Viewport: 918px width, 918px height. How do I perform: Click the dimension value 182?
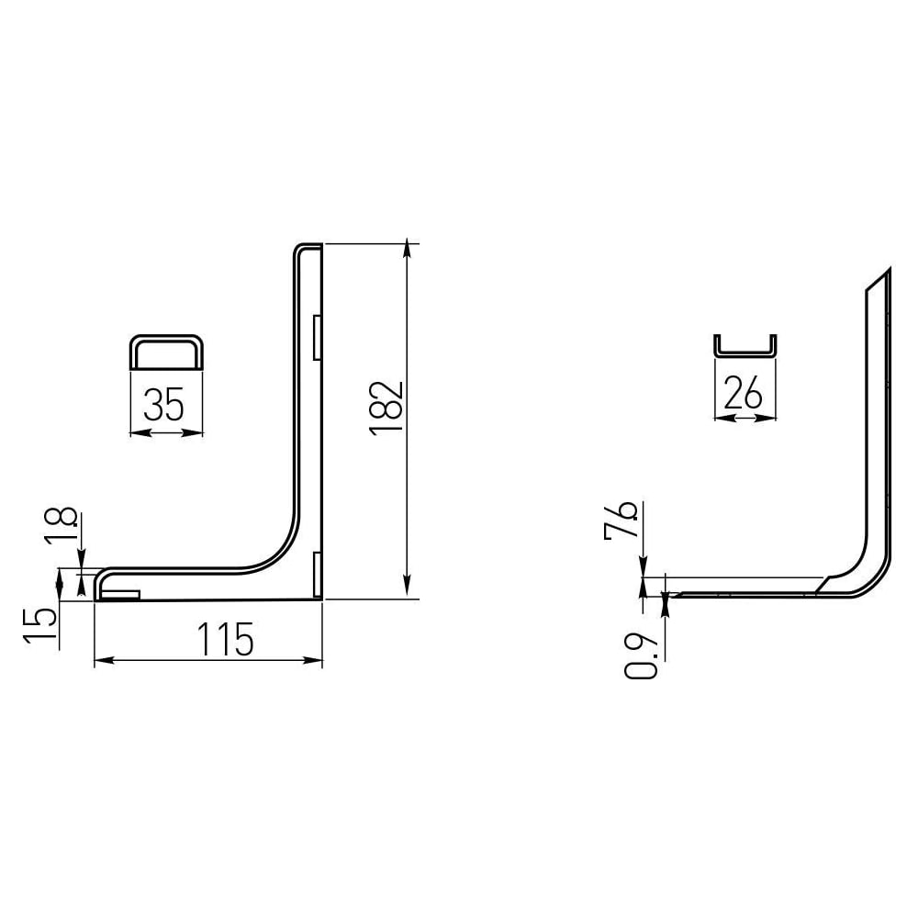pyautogui.click(x=386, y=407)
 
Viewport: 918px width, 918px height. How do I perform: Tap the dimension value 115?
pyautogui.click(x=226, y=639)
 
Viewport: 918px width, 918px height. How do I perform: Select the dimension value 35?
pyautogui.click(x=163, y=405)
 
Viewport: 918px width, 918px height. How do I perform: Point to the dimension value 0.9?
pyautogui.click(x=641, y=655)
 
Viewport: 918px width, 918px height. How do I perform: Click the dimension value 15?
pyautogui.click(x=40, y=628)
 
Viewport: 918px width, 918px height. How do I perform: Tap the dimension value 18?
pyautogui.click(x=61, y=525)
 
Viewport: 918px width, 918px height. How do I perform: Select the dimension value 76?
pyautogui.click(x=621, y=520)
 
